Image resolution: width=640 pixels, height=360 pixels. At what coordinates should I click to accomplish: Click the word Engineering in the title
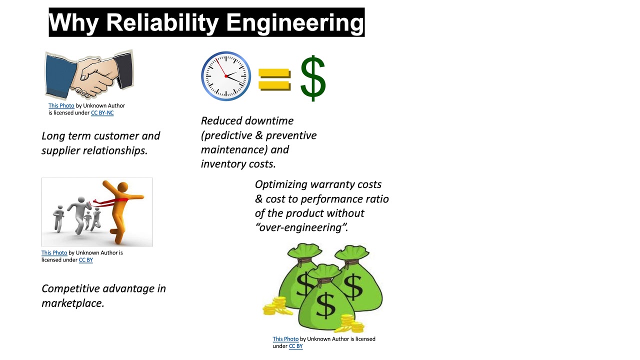(294, 22)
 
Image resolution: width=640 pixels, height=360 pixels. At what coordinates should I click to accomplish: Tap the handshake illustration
(89, 75)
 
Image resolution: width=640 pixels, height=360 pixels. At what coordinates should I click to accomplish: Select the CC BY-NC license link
(102, 113)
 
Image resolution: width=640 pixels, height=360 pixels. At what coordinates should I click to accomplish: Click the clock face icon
(226, 76)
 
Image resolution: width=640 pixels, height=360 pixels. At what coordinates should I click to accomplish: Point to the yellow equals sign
(274, 79)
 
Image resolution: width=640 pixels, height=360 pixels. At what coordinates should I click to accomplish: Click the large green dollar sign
(313, 78)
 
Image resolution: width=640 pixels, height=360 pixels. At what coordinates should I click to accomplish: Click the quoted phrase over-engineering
(301, 228)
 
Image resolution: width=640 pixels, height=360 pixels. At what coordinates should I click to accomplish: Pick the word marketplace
(73, 303)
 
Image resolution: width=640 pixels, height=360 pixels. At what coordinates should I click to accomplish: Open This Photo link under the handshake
(61, 106)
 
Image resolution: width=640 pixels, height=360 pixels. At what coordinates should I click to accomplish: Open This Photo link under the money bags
(285, 339)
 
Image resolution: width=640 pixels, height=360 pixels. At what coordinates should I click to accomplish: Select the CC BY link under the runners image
(85, 260)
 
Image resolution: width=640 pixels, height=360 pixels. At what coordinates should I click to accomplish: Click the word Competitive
(70, 288)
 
